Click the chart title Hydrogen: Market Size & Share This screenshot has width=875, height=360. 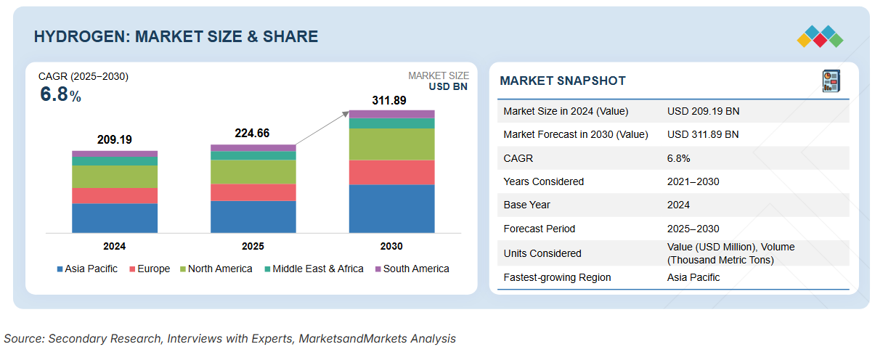tap(176, 36)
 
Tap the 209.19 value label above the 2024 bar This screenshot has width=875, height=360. tap(115, 139)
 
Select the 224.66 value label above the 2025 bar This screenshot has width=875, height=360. tap(253, 133)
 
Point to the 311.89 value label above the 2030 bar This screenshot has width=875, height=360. tap(391, 100)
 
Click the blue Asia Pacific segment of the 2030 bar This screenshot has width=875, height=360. tap(391, 208)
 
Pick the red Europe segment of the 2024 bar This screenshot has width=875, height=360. tap(115, 195)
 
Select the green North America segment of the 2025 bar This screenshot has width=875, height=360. tap(253, 171)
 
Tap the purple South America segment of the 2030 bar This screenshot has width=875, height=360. tap(391, 113)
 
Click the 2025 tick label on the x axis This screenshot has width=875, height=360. tap(253, 246)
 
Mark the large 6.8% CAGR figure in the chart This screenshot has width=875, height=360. tap(60, 94)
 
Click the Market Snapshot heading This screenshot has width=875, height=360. tap(562, 81)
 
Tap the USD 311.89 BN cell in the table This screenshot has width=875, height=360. tap(703, 134)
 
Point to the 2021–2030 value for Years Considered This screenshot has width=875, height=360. tap(693, 181)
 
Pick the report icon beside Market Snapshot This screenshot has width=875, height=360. tap(831, 81)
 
